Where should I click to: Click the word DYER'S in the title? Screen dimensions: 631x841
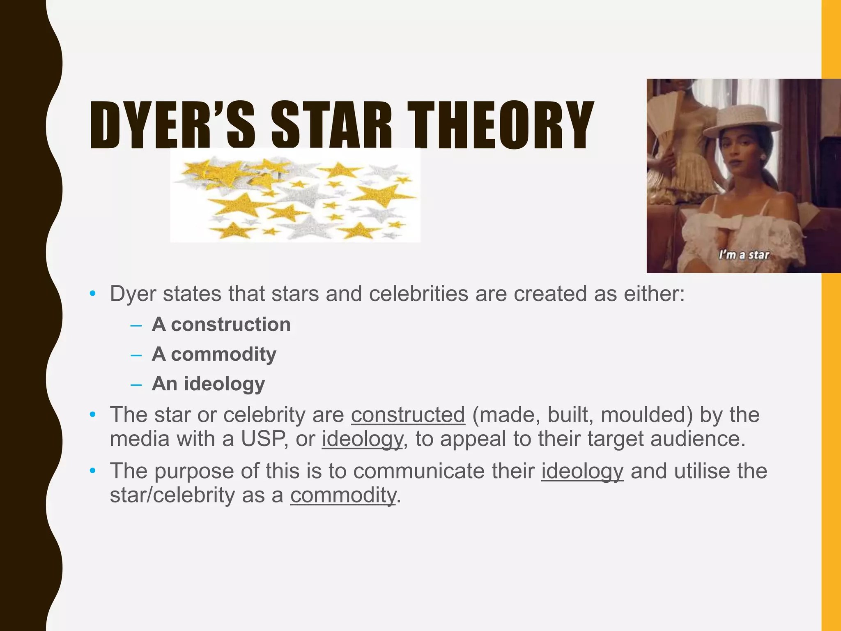[172, 125]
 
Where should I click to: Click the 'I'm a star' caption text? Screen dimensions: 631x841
[744, 255]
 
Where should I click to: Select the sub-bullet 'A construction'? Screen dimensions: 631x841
[221, 325]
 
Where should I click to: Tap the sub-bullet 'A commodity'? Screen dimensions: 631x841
[214, 354]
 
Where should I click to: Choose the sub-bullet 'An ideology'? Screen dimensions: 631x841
[208, 384]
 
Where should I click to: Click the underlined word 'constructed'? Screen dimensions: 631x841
[408, 415]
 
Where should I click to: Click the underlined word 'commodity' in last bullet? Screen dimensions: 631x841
[343, 495]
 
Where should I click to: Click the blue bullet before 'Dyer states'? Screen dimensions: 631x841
[93, 293]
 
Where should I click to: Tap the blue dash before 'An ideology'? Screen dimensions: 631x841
[136, 385]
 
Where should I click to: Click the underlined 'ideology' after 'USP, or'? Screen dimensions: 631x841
[362, 439]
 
